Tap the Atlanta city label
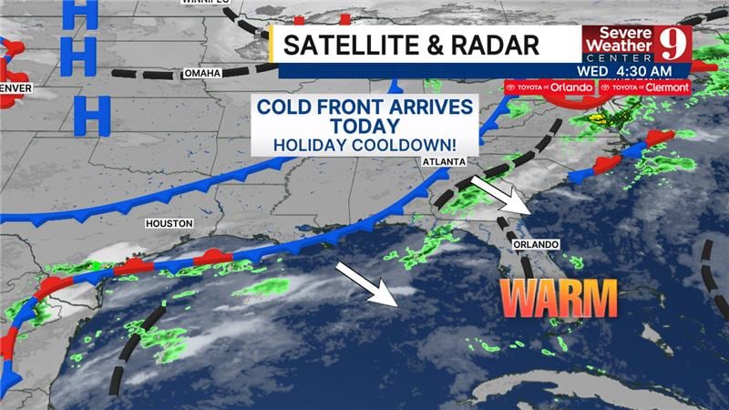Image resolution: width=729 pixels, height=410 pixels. [x=444, y=161]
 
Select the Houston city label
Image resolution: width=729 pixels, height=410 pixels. [x=169, y=222]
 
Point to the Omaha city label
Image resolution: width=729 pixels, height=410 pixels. [x=201, y=73]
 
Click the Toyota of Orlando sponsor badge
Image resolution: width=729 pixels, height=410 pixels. [x=549, y=87]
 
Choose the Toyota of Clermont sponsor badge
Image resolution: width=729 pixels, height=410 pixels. [x=644, y=87]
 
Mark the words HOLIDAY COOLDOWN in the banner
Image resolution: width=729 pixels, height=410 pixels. [x=364, y=144]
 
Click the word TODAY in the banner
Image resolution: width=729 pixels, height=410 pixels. [x=364, y=126]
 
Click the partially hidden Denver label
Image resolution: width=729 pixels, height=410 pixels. [x=15, y=88]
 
